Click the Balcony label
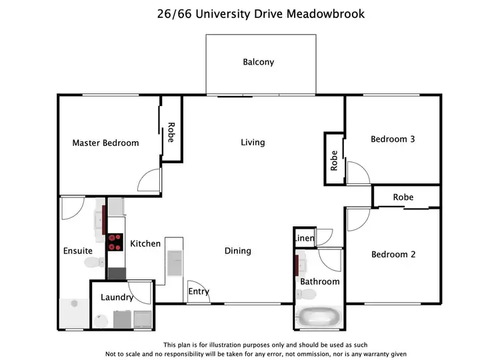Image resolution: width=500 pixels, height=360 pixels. pyautogui.click(x=258, y=62)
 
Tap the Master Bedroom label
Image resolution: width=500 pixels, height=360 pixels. pyautogui.click(x=105, y=143)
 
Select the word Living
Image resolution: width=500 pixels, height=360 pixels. pyautogui.click(x=253, y=142)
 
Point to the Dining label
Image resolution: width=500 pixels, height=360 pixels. pyautogui.click(x=237, y=251)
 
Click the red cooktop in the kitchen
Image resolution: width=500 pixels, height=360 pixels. pyautogui.click(x=115, y=241)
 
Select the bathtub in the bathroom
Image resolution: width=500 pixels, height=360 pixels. pyautogui.click(x=319, y=318)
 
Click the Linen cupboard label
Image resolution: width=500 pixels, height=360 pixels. pyautogui.click(x=303, y=238)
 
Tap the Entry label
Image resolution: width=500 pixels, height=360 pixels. pyautogui.click(x=199, y=291)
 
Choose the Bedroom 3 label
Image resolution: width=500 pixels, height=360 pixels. pyautogui.click(x=393, y=139)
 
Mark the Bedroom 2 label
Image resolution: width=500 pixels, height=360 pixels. pyautogui.click(x=393, y=254)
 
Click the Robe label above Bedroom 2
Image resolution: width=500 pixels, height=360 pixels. pyautogui.click(x=403, y=197)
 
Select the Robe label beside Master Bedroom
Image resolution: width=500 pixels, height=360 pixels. pyautogui.click(x=171, y=132)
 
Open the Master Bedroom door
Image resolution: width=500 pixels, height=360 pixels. pyautogui.click(x=151, y=179)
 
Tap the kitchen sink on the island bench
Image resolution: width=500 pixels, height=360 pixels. pyautogui.click(x=175, y=261)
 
